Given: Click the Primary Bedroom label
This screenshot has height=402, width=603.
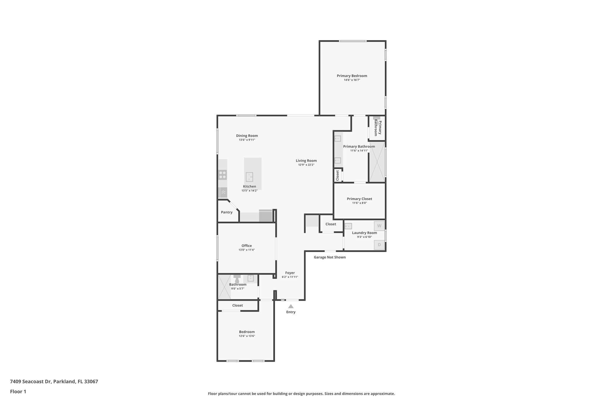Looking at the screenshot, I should pos(352,76).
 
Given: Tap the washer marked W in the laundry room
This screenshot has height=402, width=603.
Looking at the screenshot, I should pos(379,226).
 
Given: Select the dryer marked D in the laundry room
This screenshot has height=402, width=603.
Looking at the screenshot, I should pos(379,245).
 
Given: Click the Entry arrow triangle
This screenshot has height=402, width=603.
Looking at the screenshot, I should pos(291,306).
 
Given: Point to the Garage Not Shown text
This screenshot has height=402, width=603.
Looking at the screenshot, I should pos(329,257).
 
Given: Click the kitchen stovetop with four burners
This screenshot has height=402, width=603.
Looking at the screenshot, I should pos(223,175).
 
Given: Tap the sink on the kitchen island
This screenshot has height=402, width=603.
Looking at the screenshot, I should pos(249,177).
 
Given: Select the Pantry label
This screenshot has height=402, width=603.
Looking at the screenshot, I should pos(226,212).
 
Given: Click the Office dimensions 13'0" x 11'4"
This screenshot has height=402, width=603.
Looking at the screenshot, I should pos(246,250).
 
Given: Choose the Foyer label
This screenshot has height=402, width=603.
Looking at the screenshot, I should pos(290,273).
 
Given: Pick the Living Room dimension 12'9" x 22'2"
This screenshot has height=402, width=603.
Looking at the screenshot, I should pos(306,165).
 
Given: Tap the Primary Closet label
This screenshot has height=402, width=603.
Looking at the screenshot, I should pos(359,199).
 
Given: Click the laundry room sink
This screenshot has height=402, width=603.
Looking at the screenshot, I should pos(348,226).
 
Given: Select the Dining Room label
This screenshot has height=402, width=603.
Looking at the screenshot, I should pos(247,136).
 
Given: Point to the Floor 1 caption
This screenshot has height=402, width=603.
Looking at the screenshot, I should pos(18,391).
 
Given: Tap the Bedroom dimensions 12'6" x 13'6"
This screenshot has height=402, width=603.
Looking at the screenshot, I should pos(247,336).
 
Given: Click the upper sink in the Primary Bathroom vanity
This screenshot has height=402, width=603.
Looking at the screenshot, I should pos(338,138).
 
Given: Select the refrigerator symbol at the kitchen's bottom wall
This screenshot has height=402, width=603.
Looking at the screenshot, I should pos(266,216).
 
